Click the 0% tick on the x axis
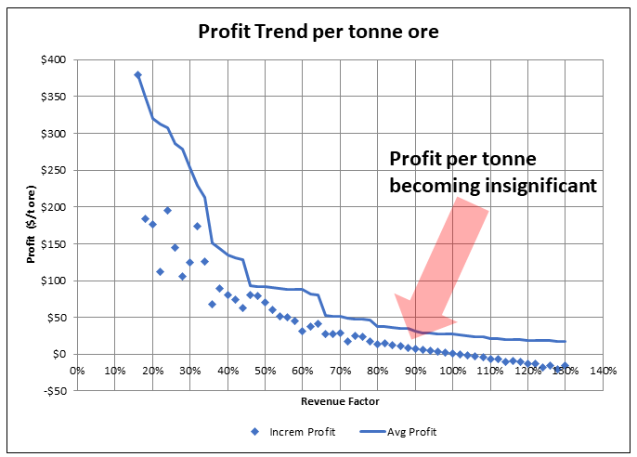click(77, 372)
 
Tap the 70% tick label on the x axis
click(340, 372)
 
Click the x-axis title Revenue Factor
click(339, 401)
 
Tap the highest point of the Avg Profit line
click(137, 74)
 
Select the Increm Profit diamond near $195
click(167, 211)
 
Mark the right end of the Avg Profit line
click(565, 342)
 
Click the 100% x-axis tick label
click(452, 372)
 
